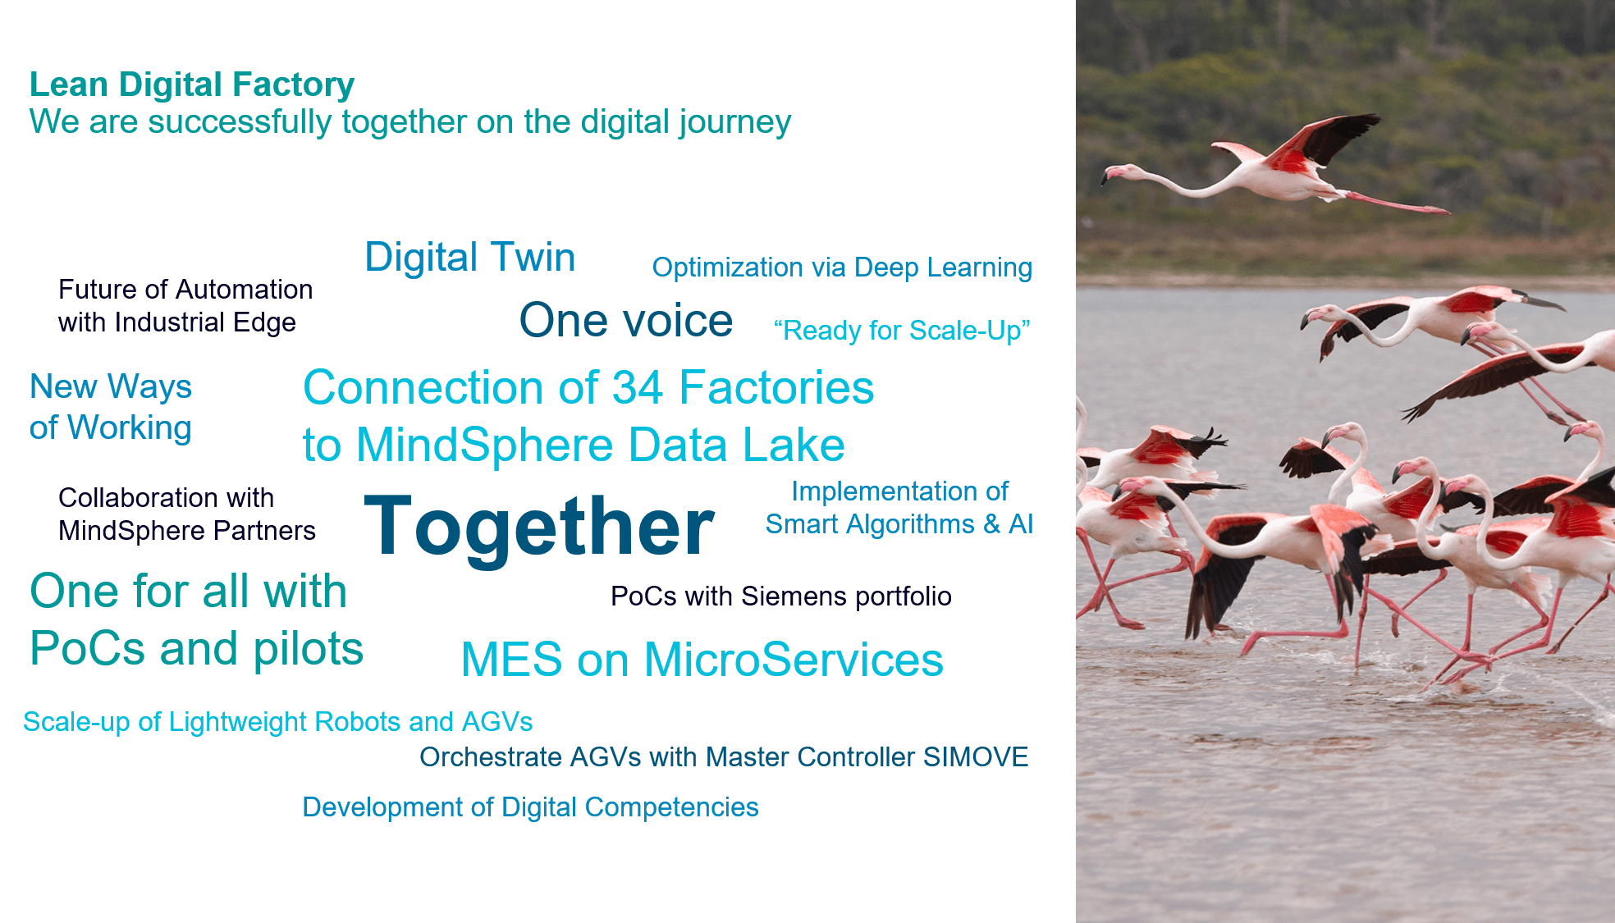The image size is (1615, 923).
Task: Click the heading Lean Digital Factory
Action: (192, 85)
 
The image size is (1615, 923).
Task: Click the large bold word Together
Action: (539, 526)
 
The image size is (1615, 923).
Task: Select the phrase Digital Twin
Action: (469, 257)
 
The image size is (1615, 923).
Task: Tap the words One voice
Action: (626, 320)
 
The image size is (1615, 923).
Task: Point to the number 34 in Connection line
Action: (638, 387)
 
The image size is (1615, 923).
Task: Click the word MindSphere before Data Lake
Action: (485, 446)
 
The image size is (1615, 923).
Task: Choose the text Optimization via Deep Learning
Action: (842, 268)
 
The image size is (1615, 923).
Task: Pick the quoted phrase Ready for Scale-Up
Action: (901, 331)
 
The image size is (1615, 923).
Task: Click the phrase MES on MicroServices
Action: (702, 660)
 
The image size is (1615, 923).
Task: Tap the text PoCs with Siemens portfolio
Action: (781, 596)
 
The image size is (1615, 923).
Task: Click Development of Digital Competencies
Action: (530, 808)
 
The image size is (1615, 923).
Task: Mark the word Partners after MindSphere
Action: (264, 531)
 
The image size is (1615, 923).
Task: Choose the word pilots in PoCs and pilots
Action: (309, 649)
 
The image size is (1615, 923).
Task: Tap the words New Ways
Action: (111, 386)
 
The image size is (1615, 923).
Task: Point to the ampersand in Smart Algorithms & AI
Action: (992, 524)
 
